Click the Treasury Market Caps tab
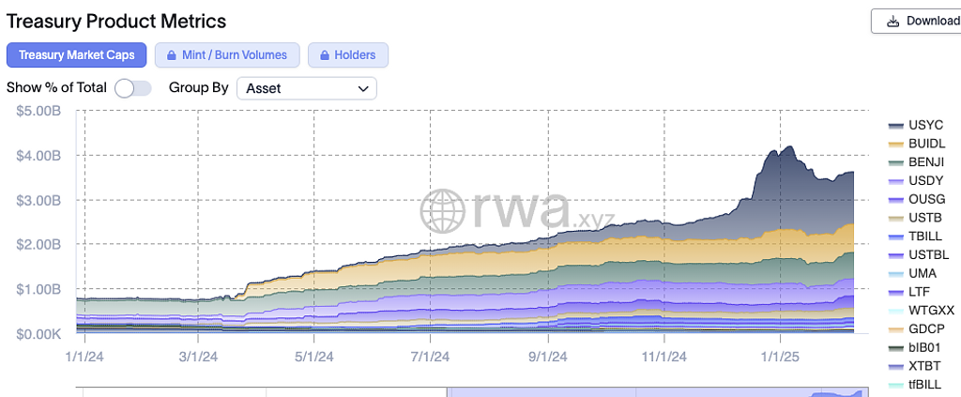[77, 55]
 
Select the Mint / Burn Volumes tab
[227, 55]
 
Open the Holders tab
[347, 55]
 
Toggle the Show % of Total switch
[132, 88]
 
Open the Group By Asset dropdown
[305, 88]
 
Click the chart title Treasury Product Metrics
[116, 20]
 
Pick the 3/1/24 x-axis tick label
[198, 357]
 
